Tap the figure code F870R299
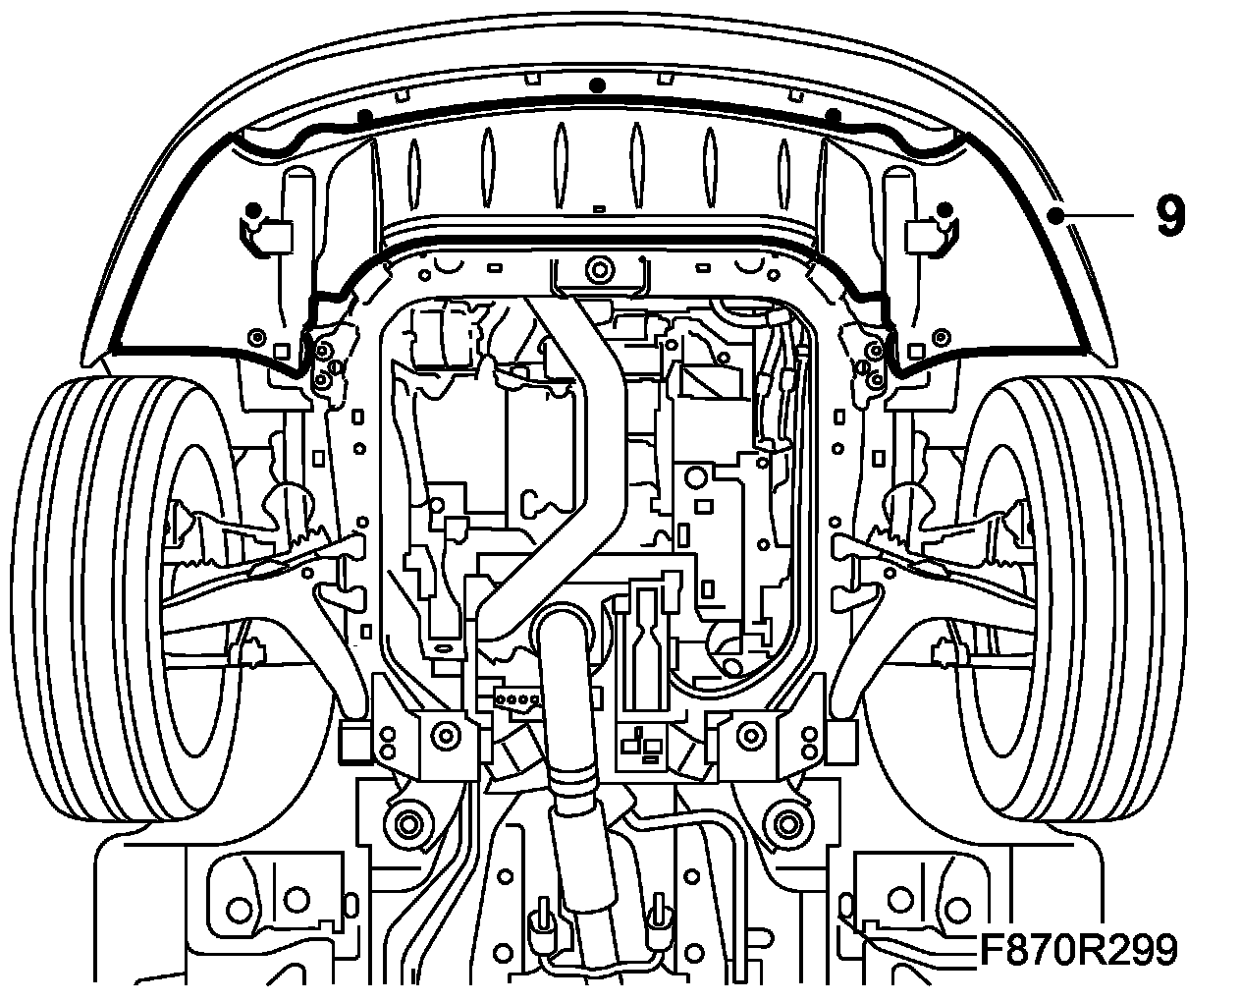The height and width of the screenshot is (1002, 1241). coord(1077,951)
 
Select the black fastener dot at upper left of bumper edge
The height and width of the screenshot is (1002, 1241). coord(364,116)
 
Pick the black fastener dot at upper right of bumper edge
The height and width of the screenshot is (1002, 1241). coord(833,116)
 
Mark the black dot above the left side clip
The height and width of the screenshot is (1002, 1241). coord(253,209)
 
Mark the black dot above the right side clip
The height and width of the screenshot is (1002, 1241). coord(944,209)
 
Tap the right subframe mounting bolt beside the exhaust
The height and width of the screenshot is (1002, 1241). coord(753,732)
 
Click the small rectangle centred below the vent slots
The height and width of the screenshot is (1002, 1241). coord(599,208)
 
